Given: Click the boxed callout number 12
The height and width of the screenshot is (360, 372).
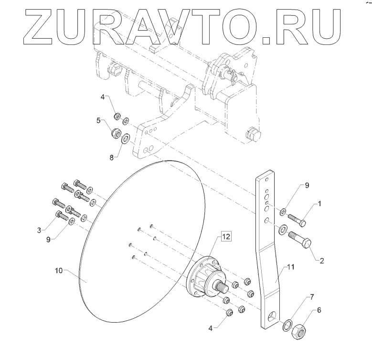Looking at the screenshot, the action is point(226,237).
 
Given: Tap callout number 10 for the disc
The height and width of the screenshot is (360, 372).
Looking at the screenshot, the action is point(59,271).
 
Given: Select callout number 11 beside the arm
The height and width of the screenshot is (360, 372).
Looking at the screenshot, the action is point(291,267).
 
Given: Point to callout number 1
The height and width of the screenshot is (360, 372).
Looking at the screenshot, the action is point(319,204).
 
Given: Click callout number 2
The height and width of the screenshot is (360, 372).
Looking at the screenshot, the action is point(322,261).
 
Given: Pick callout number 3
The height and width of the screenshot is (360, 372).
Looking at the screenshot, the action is point(39,230).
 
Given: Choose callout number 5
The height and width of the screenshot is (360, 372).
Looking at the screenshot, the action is point(98,120).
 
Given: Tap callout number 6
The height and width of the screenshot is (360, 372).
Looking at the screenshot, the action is point(319,310).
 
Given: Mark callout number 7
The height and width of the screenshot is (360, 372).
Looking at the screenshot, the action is point(312,297).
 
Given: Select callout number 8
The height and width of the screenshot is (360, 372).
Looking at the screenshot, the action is point(112,157).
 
